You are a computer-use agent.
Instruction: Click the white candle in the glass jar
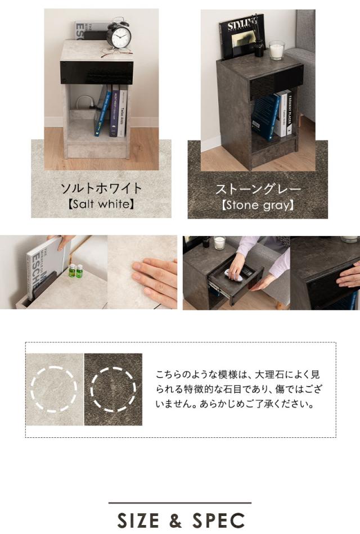pos(276,51)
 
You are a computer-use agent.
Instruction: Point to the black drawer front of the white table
pos(96,73)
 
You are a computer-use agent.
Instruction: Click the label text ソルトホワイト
pos(101,188)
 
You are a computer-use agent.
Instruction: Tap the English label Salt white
pos(101,205)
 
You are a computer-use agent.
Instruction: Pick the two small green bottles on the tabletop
pos(75,271)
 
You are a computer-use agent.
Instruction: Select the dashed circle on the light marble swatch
pos(54,389)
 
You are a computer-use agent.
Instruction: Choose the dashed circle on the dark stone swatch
pos(114,390)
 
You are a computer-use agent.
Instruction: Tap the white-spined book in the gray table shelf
pos(284,114)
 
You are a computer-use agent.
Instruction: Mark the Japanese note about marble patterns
pos(240,389)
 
